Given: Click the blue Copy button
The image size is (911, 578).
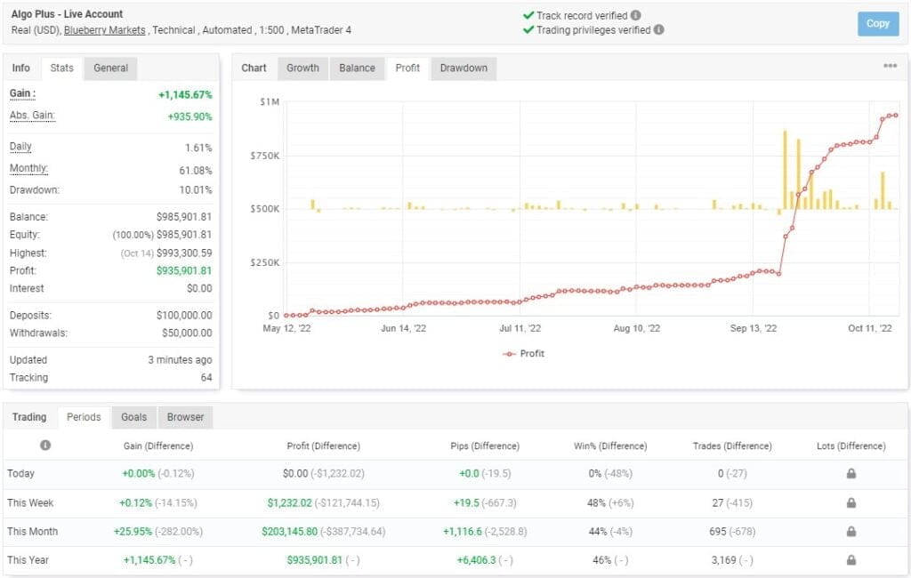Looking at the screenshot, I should (x=877, y=23).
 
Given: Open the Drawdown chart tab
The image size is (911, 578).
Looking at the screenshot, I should (x=464, y=68).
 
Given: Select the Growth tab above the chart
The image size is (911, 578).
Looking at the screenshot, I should (x=302, y=68).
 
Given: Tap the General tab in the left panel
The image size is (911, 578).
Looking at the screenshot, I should (x=110, y=68).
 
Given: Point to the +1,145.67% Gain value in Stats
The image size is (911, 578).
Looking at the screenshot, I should (x=184, y=94).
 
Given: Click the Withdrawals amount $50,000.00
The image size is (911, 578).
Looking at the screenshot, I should (x=182, y=333).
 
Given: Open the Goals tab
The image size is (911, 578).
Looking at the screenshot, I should (x=133, y=417).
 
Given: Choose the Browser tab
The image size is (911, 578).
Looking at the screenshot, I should (x=185, y=417).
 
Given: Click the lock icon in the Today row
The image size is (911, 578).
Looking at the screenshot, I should (x=851, y=474).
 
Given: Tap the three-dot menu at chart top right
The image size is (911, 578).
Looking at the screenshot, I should (x=890, y=66).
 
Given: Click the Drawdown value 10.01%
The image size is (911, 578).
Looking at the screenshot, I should (x=195, y=190).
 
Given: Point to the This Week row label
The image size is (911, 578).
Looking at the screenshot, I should (x=30, y=502).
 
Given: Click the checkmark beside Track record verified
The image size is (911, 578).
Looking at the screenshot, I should (x=528, y=15).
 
